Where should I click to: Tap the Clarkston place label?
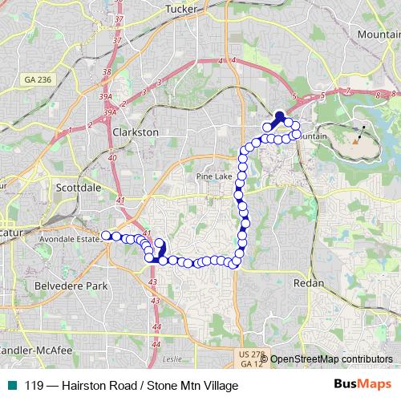136,132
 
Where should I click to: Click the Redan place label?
309,284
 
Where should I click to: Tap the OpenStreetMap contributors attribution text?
331,359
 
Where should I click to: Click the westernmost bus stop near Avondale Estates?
106,235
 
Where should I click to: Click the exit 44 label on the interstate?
156,326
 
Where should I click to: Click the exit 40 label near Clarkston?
111,158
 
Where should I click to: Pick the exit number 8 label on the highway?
376,94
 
